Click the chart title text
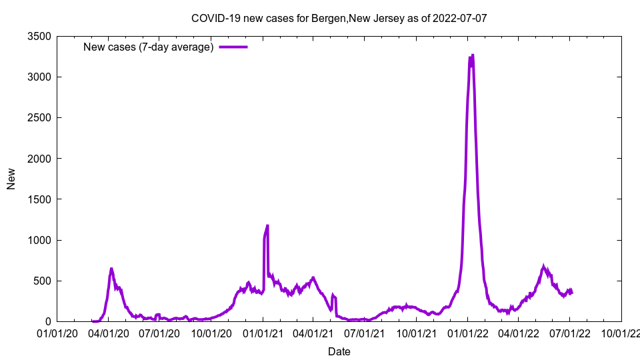(x=339, y=18)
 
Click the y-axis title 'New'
(x=11, y=179)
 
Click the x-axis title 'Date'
(x=339, y=351)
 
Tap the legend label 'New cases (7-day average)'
(x=148, y=47)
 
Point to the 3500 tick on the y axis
(x=40, y=36)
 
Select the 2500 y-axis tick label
(x=40, y=117)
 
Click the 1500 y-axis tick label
(x=40, y=199)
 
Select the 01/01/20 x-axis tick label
(x=57, y=332)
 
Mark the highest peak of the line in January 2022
(x=473, y=55)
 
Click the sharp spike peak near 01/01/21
(x=267, y=225)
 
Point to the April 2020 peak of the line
(x=111, y=269)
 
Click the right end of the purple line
(x=572, y=292)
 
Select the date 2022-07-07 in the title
(x=459, y=18)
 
